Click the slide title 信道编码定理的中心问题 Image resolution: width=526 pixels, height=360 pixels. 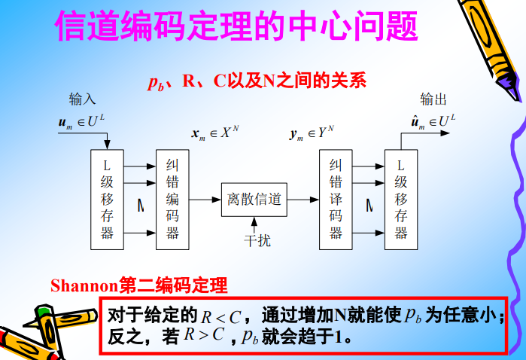[x=236, y=26]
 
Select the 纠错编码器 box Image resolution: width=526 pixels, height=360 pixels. [x=172, y=199]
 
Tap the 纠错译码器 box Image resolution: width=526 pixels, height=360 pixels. [x=336, y=199]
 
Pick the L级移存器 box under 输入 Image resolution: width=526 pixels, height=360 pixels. [x=108, y=199]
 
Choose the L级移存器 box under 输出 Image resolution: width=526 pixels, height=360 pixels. [x=400, y=199]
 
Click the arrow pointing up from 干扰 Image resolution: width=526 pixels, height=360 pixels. [x=254, y=225]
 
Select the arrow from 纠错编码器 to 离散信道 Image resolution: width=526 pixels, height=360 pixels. [x=205, y=200]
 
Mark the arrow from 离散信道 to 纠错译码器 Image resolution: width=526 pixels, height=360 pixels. [x=303, y=200]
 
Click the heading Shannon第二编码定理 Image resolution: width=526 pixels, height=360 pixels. [x=138, y=286]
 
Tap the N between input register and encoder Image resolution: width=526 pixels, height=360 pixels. [x=140, y=204]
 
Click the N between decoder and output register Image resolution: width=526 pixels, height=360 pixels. [x=369, y=204]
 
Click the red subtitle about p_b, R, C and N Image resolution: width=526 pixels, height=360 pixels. [x=257, y=81]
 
